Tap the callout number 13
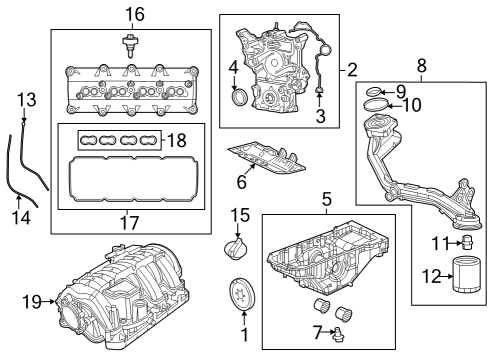click(x=26, y=100)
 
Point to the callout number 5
click(x=326, y=200)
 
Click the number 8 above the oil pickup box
click(x=421, y=66)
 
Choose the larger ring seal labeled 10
click(x=374, y=104)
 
